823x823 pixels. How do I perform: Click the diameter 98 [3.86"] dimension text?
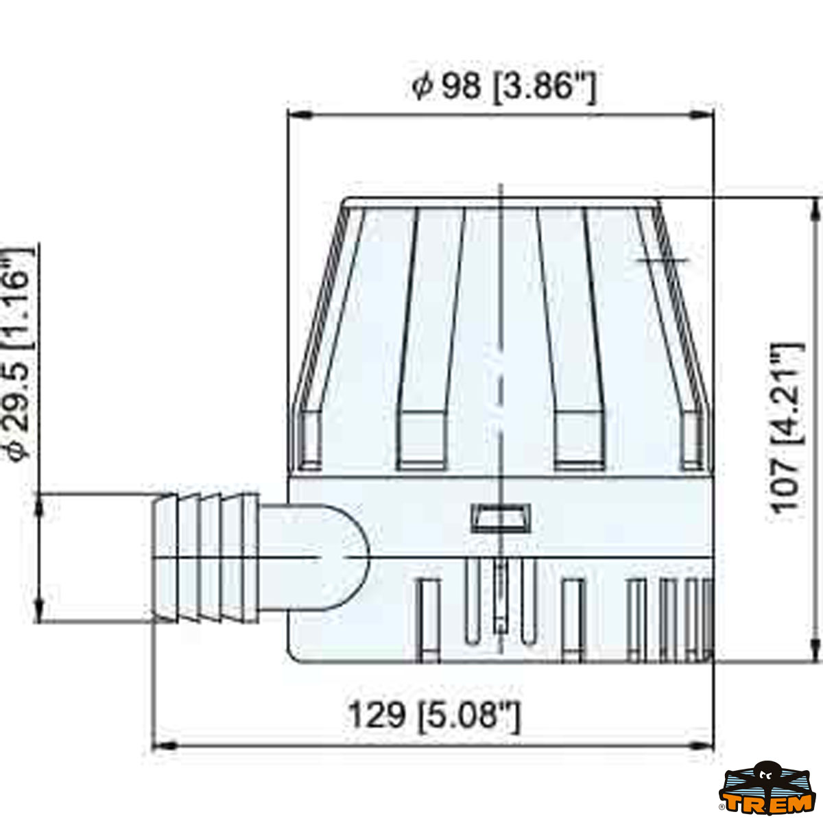pyautogui.click(x=504, y=87)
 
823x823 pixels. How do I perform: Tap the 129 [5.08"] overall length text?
pyautogui.click(x=435, y=715)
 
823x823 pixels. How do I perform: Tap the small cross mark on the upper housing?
pyautogui.click(x=663, y=260)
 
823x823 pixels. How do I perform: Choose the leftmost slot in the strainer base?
pyautogui.click(x=429, y=619)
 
